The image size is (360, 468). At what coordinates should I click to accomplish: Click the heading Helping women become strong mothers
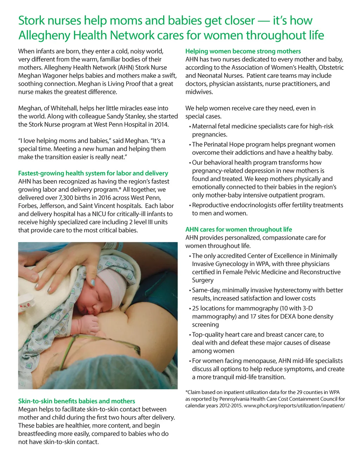(x=243, y=51)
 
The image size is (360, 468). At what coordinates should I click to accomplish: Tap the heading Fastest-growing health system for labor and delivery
(x=93, y=173)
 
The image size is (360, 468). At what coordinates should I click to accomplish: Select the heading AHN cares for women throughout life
(x=238, y=229)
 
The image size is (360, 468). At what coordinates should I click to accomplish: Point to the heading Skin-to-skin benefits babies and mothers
(x=76, y=401)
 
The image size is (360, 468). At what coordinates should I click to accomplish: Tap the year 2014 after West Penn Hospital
(x=161, y=125)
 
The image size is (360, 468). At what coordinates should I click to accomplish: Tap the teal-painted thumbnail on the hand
(x=92, y=282)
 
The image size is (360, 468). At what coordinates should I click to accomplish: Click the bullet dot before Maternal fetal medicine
(x=190, y=127)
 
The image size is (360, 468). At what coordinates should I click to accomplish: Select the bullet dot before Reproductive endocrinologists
(x=190, y=205)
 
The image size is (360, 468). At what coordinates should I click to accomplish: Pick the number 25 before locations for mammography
(x=195, y=309)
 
